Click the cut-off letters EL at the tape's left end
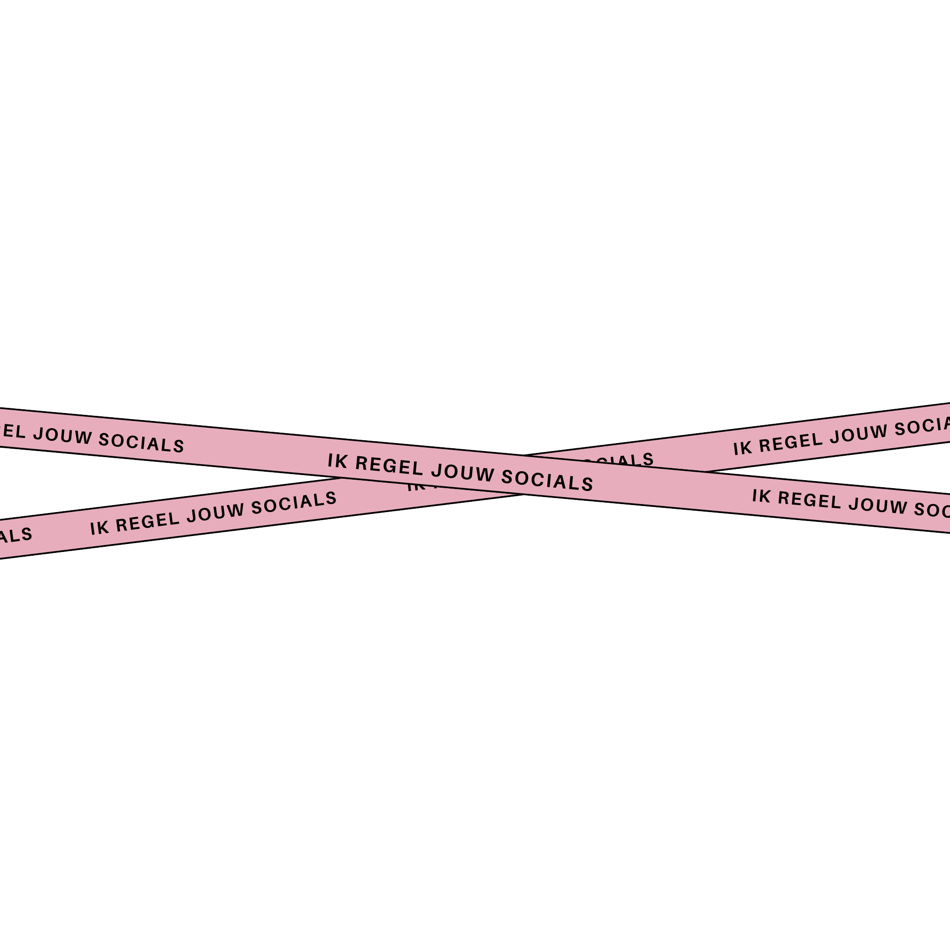point(12,431)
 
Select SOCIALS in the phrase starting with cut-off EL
point(141,443)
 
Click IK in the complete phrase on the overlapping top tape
point(337,461)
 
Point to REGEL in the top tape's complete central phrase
point(389,466)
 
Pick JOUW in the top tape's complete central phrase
point(462,473)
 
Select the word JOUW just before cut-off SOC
point(878,506)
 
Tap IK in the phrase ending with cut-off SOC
point(761,496)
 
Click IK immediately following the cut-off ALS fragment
point(99,528)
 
